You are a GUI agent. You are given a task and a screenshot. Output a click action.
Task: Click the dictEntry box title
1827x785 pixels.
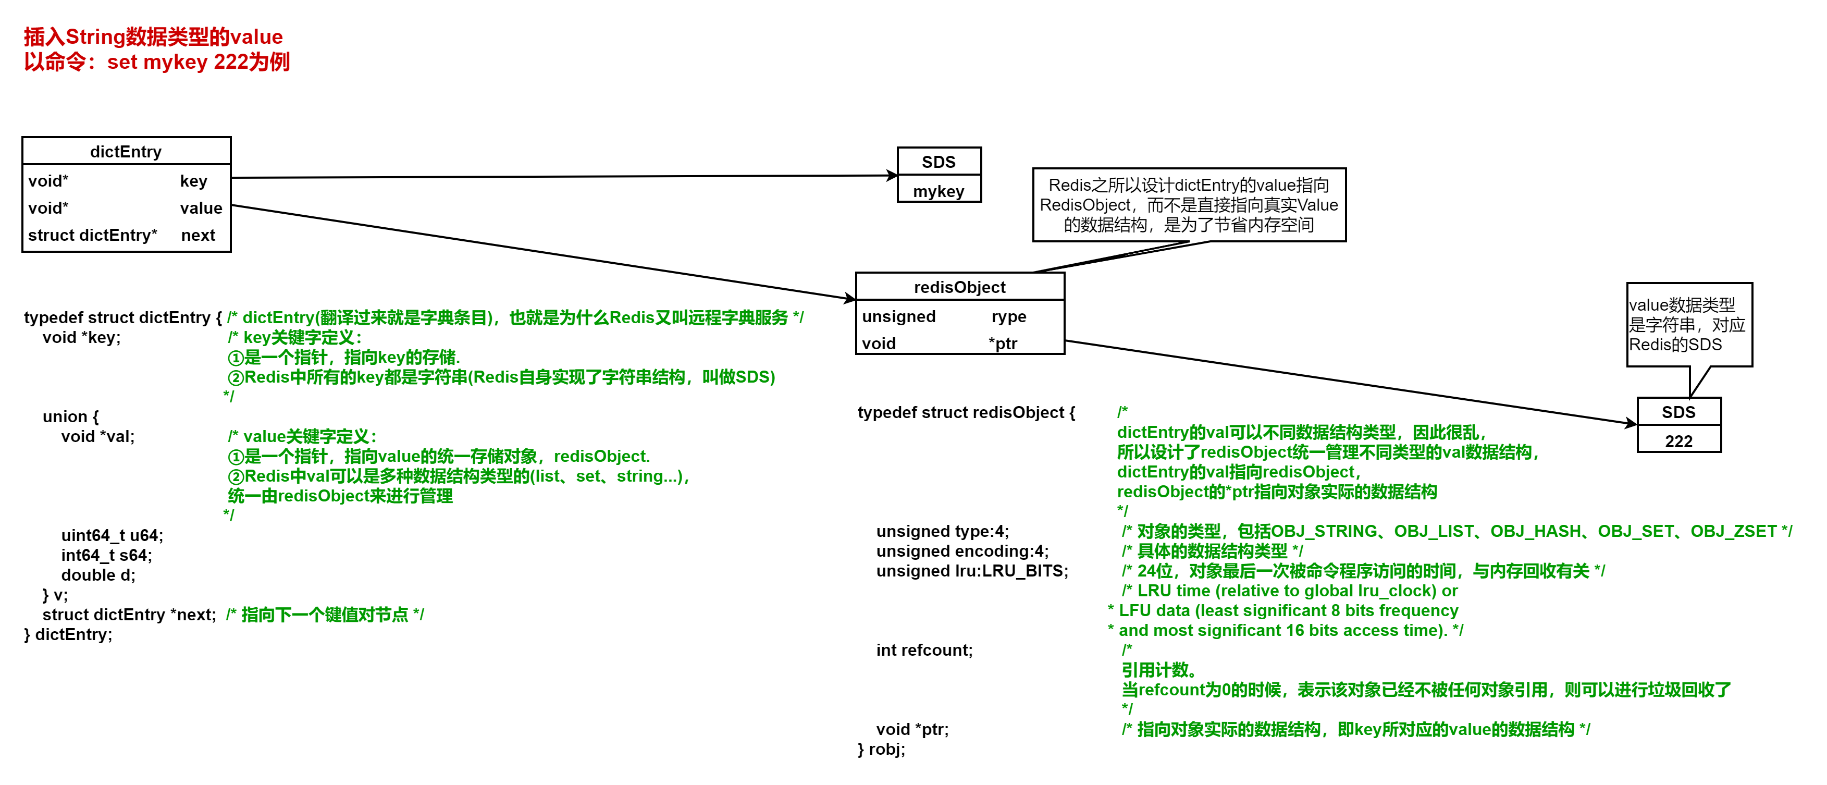126,152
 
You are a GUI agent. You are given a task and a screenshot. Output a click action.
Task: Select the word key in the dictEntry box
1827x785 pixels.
194,181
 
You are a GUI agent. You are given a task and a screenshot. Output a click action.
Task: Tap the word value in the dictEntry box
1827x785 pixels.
201,208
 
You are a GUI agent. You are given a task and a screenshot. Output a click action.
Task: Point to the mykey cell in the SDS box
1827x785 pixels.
939,191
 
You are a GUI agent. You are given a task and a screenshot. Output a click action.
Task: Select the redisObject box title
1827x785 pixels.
959,287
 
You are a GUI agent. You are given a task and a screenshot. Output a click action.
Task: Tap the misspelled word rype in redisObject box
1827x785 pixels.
1008,316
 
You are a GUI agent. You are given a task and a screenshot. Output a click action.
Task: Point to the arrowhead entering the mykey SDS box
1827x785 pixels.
892,175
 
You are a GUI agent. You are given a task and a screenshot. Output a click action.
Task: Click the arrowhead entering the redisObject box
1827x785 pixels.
850,299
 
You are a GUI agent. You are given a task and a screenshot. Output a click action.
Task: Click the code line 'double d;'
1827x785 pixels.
98,575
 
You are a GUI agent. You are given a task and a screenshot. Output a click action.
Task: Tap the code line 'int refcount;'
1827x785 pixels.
924,651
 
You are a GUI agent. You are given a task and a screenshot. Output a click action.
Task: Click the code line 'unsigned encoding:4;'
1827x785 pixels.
962,551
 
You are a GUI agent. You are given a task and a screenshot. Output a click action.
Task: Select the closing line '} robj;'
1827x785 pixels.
882,749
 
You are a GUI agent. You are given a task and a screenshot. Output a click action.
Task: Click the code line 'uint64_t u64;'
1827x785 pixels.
112,535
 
